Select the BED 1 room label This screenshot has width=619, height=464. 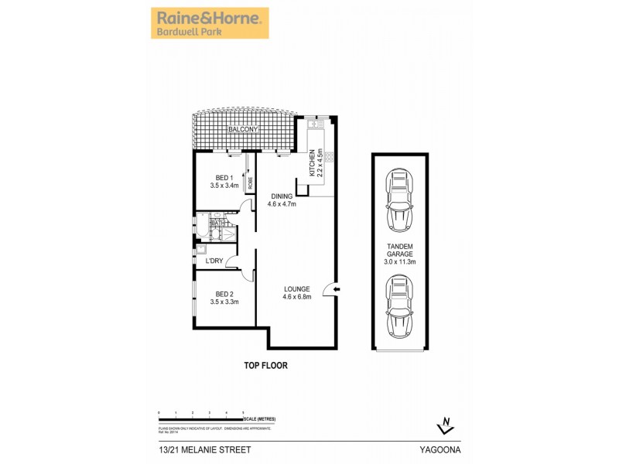[x=223, y=182]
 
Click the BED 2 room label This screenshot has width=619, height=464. [x=224, y=298]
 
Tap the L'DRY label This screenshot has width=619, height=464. [x=214, y=261]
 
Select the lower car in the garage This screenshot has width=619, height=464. [x=399, y=307]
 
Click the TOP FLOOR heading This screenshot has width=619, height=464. [x=265, y=366]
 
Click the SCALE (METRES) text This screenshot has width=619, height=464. [x=258, y=418]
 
